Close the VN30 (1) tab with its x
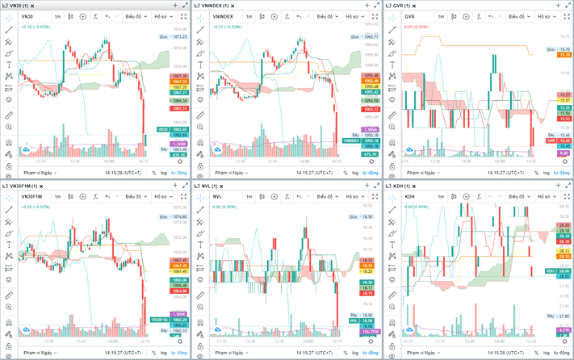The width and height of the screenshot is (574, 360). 40,6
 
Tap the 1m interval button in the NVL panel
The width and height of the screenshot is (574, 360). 249,196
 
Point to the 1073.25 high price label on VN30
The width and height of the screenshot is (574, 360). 178,36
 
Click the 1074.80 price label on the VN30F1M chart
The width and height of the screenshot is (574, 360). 178,217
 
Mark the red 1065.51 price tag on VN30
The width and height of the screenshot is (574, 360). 179,108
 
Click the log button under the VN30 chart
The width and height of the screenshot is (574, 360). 163,173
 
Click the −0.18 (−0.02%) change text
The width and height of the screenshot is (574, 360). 36,27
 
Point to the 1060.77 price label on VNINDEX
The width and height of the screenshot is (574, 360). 371,36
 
